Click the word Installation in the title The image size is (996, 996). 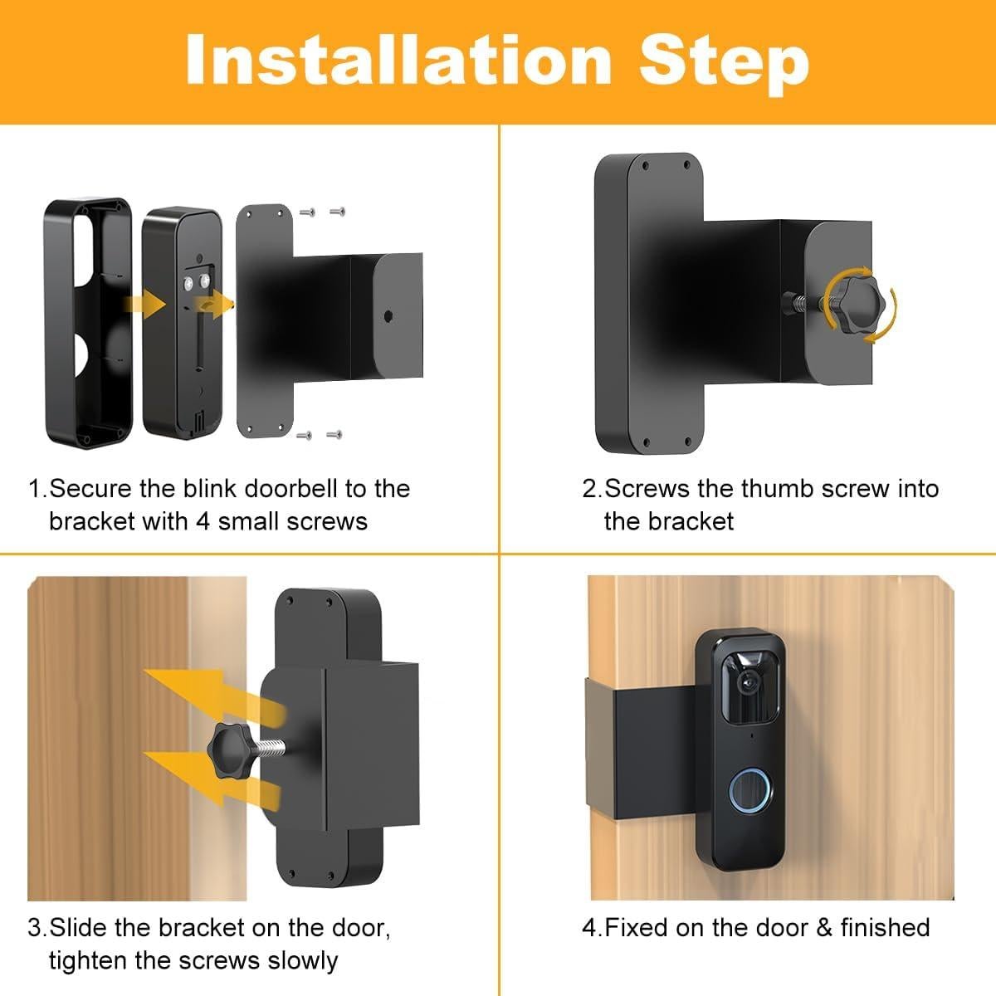(x=398, y=60)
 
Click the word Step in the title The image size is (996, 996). (x=724, y=60)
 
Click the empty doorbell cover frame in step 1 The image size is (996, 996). (x=87, y=324)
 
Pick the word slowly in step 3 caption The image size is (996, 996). (x=303, y=960)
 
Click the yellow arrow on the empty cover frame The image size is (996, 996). (x=143, y=304)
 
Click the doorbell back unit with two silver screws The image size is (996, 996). (x=182, y=324)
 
